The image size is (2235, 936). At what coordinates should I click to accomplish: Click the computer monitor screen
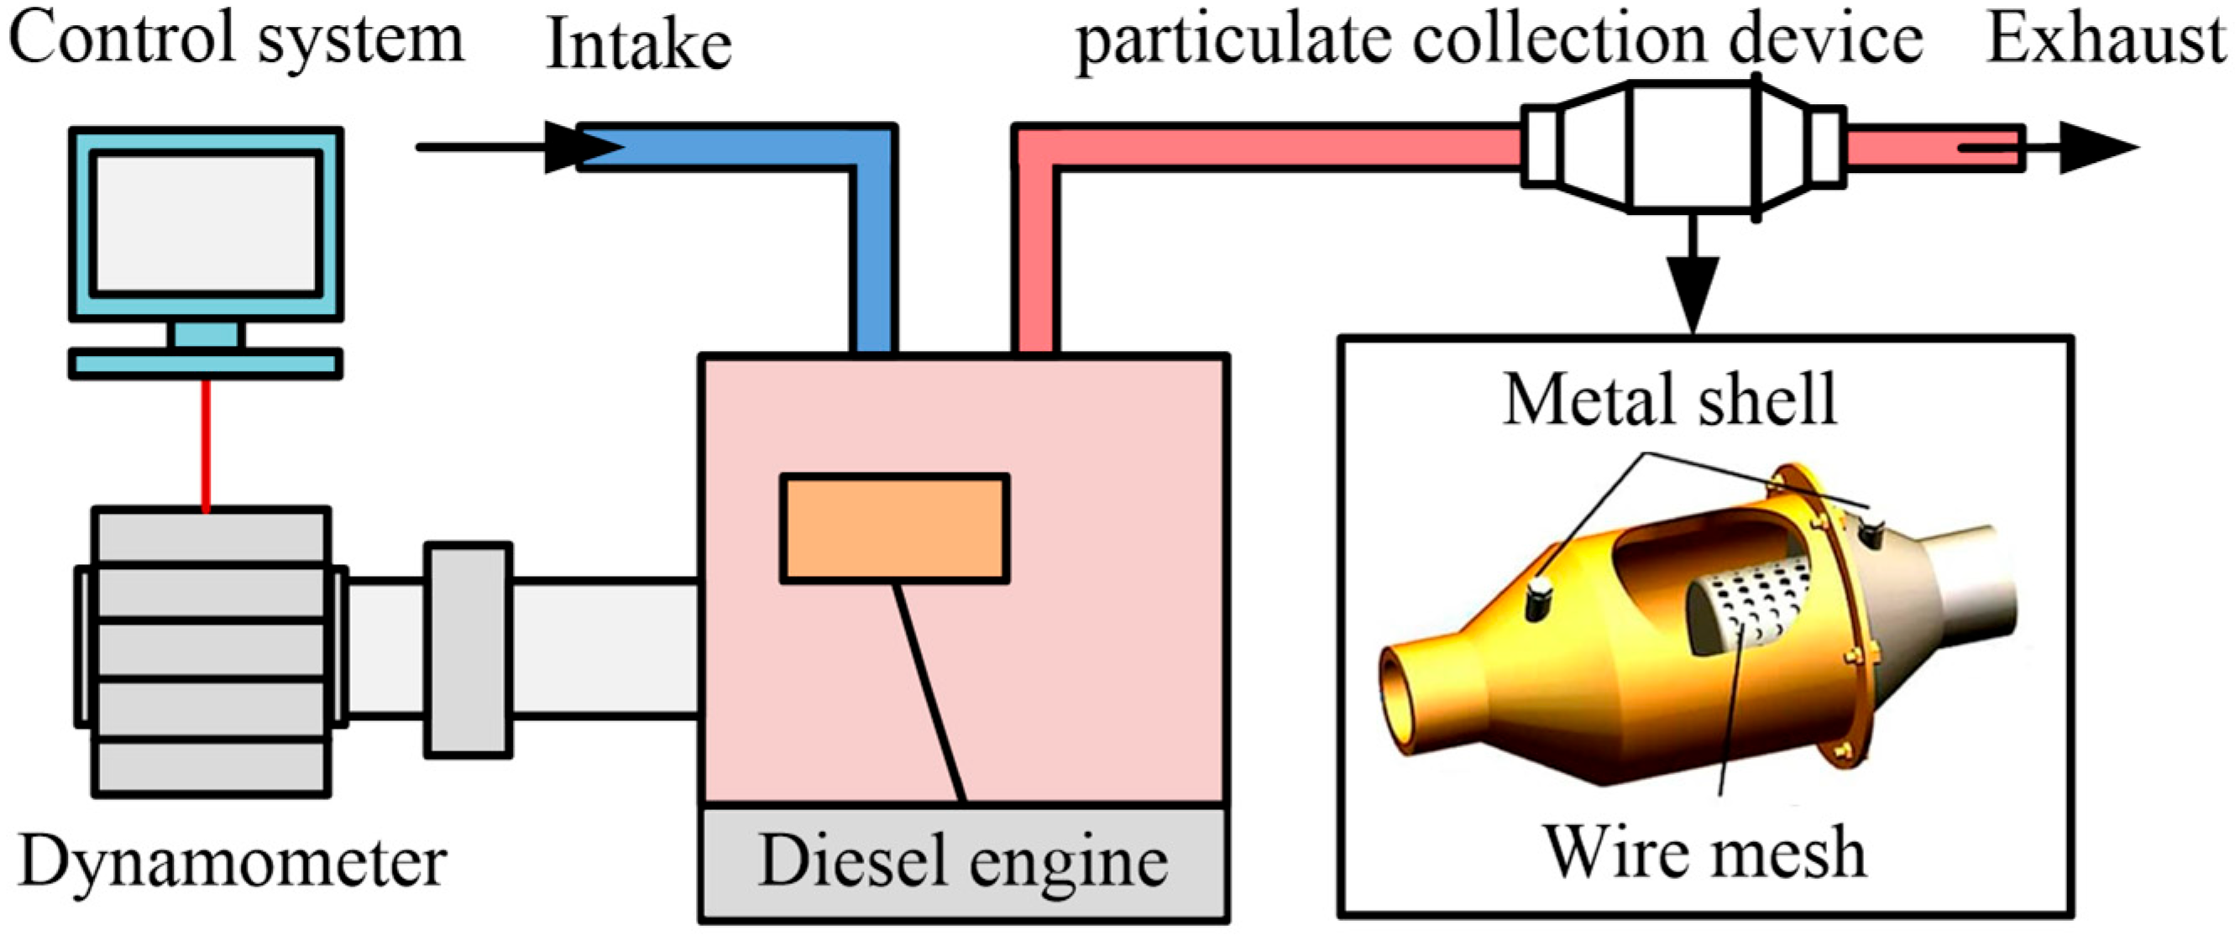pos(206,224)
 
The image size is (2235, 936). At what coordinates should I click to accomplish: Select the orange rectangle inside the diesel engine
pos(894,528)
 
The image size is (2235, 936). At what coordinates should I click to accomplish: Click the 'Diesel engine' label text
pos(963,862)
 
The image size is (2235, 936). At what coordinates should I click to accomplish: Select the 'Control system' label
pos(236,40)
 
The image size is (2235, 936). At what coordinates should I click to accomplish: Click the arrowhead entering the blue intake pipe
pos(581,147)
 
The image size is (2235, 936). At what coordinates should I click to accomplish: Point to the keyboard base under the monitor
pos(206,363)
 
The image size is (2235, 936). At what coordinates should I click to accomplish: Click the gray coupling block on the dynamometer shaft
pos(468,649)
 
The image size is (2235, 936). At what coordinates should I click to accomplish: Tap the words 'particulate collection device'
pos(1499,42)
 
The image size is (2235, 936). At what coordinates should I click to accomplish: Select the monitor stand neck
pos(206,335)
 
